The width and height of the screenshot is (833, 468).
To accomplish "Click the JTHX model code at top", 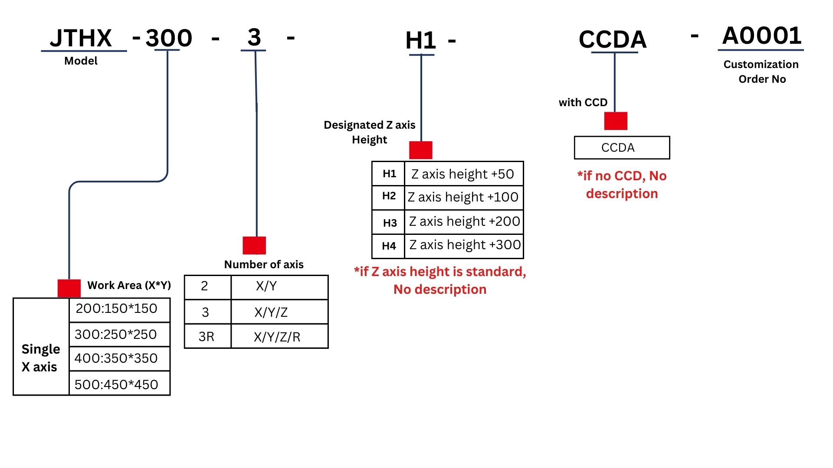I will pos(81,38).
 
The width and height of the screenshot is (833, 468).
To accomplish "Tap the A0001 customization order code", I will pos(761,36).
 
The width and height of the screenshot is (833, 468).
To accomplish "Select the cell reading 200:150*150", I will pos(116,309).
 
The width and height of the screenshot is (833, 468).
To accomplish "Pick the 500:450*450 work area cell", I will pos(116,384).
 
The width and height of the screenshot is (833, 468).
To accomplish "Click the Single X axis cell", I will pos(40,357).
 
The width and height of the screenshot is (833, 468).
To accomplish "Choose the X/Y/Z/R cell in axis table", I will pos(277,337).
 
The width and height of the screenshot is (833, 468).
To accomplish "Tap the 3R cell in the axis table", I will pos(207,337).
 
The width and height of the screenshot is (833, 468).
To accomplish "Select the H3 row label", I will pos(390,223).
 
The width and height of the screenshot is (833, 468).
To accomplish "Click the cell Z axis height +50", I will pos(462,174).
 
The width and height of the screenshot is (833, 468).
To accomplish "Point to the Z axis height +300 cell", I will pos(465,245).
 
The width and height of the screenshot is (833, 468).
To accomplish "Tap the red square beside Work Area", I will pos(69,288).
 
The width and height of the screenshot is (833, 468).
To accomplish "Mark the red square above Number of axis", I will pos(254,245).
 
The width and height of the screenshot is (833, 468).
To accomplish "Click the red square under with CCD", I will pos(616,121).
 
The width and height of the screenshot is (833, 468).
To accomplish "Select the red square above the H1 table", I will pos(420,150).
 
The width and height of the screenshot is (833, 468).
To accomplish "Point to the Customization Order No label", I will pos(761,71).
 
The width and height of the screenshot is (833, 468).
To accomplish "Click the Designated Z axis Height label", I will pos(370,132).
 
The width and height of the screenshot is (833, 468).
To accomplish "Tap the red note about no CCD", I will pos(622,185).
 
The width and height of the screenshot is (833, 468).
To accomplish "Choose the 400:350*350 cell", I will pos(116,358).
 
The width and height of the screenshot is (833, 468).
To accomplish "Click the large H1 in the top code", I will pos(420,41).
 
